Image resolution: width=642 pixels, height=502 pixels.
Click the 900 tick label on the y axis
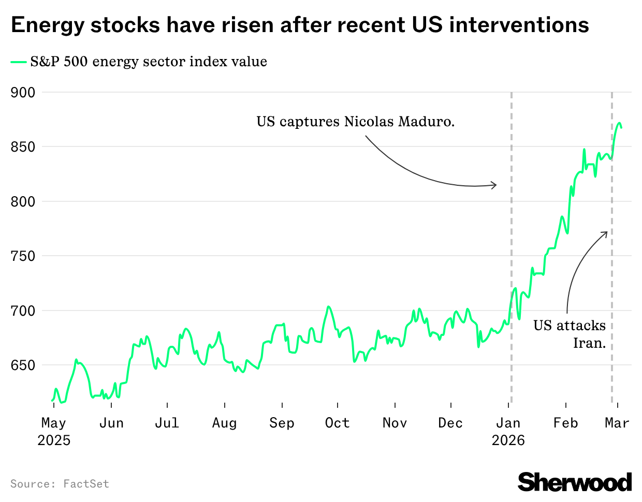click(23, 93)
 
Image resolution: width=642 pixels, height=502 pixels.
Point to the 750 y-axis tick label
click(23, 256)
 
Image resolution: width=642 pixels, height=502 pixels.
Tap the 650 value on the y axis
click(23, 365)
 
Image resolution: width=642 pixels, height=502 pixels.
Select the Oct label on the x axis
click(337, 423)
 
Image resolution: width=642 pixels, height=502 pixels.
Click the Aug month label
click(224, 423)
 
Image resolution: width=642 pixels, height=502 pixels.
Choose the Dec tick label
click(450, 423)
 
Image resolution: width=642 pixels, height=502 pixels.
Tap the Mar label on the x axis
click(617, 423)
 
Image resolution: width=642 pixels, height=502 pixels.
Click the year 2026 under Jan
click(508, 440)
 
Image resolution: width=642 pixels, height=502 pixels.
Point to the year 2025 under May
click(54, 440)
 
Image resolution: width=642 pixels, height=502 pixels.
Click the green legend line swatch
click(19, 62)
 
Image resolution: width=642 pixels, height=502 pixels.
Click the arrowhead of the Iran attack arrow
click(605, 233)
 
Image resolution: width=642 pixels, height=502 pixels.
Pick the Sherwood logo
click(575, 482)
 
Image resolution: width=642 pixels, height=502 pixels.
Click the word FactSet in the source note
click(86, 484)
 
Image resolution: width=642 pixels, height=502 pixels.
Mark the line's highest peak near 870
click(619, 123)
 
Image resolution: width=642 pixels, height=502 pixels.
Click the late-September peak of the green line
click(328, 306)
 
